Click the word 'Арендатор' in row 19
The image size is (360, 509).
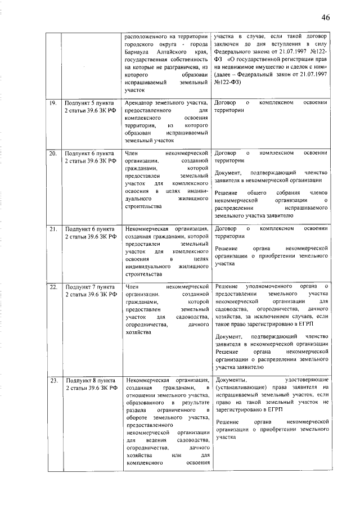141,103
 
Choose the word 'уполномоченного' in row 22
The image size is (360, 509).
266,286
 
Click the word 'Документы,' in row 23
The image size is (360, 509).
231,380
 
